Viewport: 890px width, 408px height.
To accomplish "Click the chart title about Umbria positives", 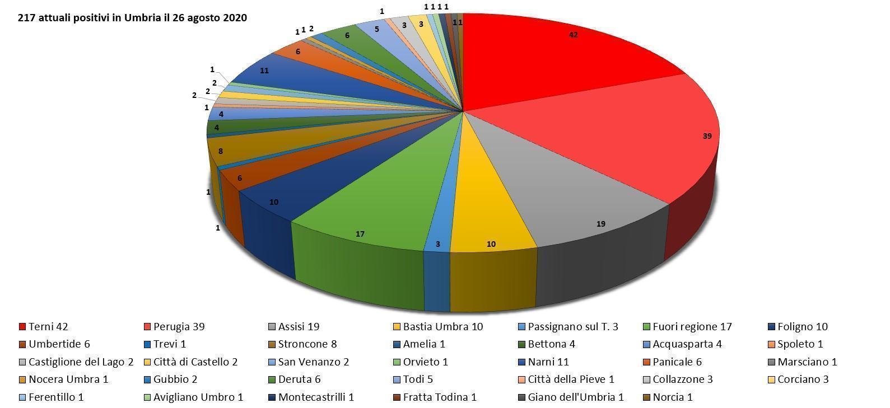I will tap(132, 18).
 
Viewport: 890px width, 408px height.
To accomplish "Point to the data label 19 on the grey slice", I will tap(601, 224).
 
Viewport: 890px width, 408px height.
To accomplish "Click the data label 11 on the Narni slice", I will tap(264, 71).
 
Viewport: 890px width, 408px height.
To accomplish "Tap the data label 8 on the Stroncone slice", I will tap(221, 151).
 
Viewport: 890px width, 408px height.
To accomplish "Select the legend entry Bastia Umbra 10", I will tap(437, 327).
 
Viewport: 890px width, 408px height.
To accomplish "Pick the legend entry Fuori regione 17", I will tap(687, 327).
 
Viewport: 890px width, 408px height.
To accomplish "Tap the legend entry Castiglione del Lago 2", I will tap(76, 362).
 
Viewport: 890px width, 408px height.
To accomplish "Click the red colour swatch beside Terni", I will tap(22, 327).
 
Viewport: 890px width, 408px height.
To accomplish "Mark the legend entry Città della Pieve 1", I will tap(565, 379).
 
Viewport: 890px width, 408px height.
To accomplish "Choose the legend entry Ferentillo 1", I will tap(51, 397).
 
